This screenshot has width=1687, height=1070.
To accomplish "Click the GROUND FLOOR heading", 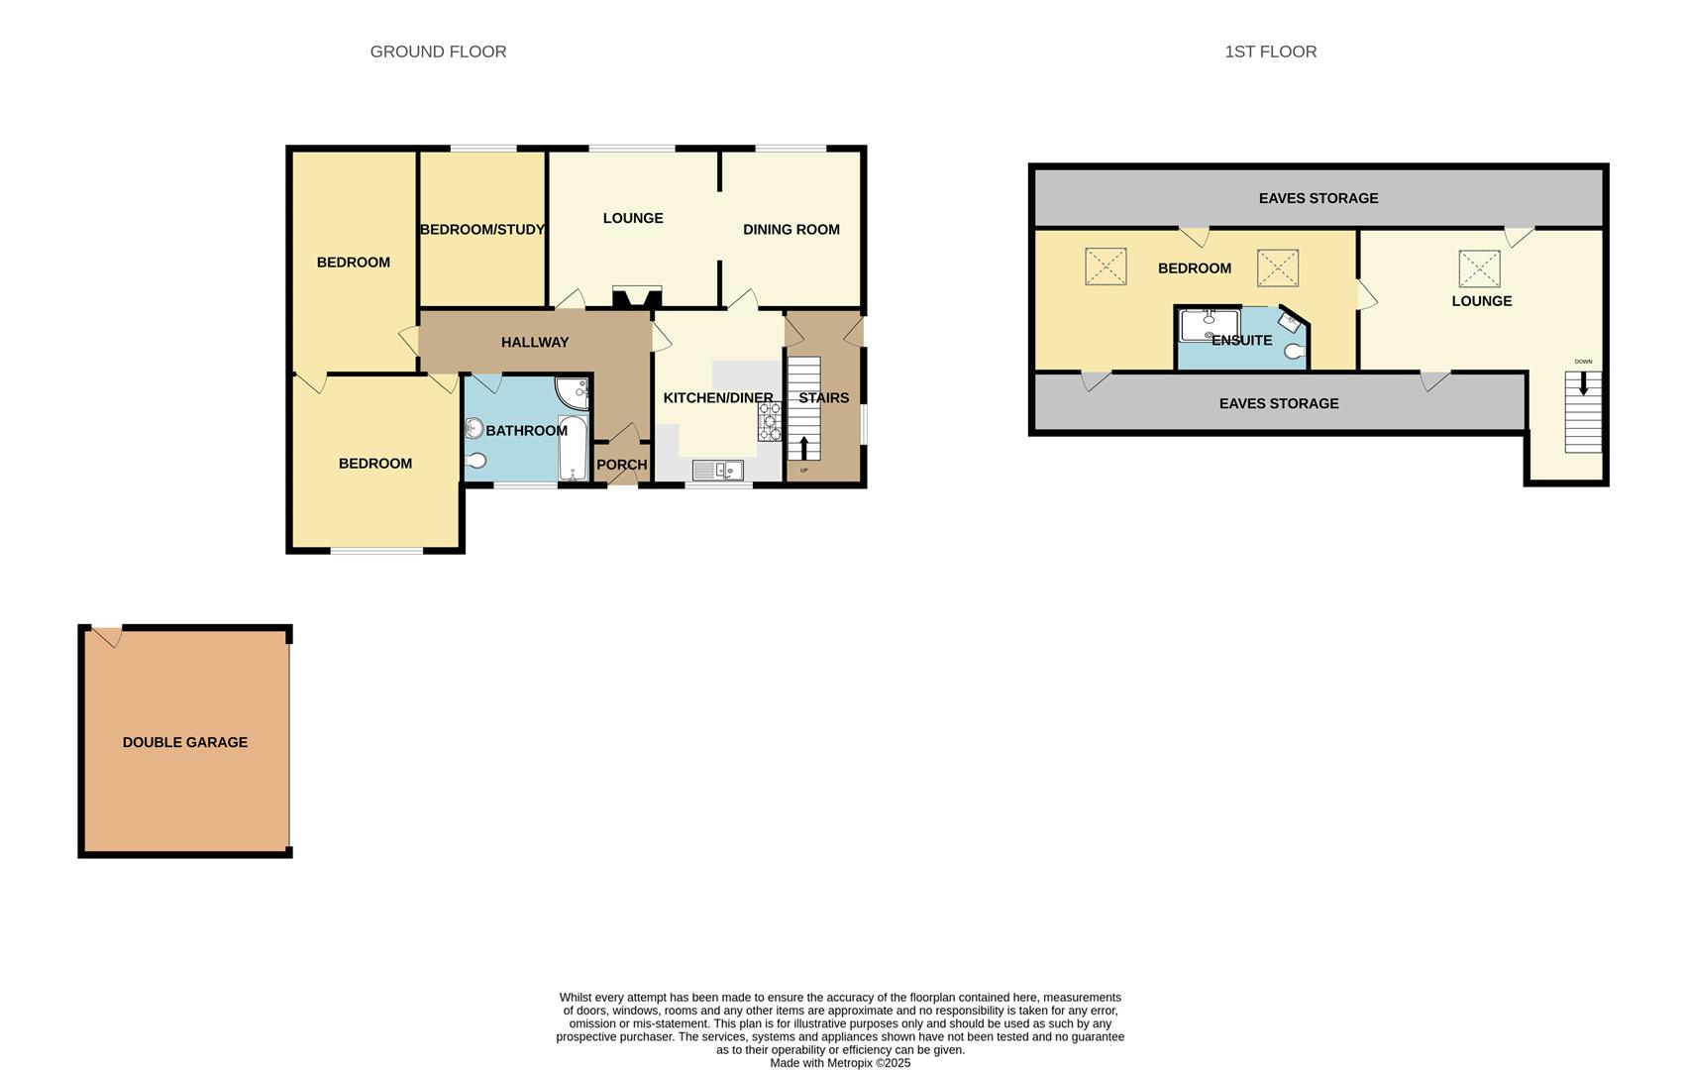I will (x=438, y=52).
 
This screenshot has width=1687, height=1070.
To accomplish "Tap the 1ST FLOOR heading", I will (x=1270, y=52).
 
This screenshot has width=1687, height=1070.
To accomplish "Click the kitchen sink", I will (x=717, y=471).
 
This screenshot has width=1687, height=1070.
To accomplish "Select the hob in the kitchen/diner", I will (x=770, y=421).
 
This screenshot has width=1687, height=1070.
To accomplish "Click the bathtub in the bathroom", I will (x=573, y=448).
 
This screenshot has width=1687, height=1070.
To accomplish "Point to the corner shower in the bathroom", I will (x=573, y=393).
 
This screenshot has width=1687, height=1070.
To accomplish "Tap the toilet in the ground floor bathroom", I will (x=477, y=461).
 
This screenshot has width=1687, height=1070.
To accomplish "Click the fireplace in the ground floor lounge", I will (x=636, y=296).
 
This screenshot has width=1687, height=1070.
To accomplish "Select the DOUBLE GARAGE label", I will (x=185, y=742).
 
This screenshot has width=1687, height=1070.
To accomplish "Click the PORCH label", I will (x=621, y=465).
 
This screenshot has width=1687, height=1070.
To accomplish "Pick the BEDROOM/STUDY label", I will (x=482, y=230).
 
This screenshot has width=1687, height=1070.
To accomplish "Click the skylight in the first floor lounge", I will (x=1479, y=268).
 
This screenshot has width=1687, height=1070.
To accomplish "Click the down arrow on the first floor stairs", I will (x=1583, y=383).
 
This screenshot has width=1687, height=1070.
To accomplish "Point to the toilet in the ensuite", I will (x=1295, y=352).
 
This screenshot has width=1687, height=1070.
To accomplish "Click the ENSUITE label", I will (x=1241, y=341).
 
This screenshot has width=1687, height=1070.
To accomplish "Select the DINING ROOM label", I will (x=791, y=230).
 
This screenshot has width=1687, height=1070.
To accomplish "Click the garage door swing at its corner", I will (x=107, y=637).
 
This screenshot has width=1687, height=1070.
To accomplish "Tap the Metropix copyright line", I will (x=840, y=1063).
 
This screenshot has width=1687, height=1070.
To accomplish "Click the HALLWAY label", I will (x=535, y=343).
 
